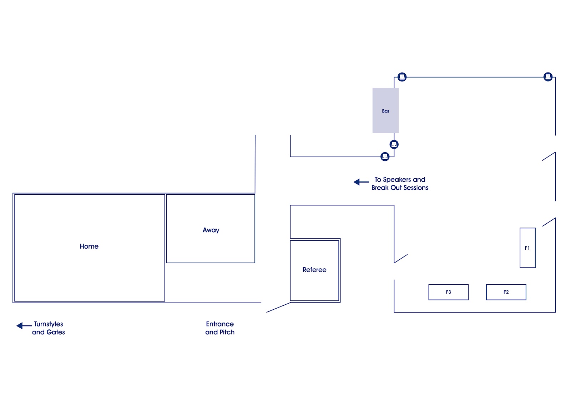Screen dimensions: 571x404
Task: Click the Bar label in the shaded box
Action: coord(385,111)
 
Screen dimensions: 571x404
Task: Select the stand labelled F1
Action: coord(527,248)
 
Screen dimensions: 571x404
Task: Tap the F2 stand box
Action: coord(506,292)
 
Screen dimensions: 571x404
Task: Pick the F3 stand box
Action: coord(448,292)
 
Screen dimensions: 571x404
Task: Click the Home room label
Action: coord(89,246)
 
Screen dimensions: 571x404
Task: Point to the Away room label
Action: coord(211,230)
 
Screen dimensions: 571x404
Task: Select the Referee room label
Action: coord(314,270)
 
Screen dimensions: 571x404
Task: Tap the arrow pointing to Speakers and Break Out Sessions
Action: coord(361,182)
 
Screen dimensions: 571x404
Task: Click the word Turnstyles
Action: coord(49,324)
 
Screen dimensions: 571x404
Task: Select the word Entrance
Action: coord(220,324)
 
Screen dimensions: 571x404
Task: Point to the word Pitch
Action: coord(227,332)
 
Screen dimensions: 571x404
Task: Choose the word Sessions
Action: coord(416,188)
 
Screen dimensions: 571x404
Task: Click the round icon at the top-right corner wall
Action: coord(548,76)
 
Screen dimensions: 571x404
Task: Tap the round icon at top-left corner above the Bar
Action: coord(402,77)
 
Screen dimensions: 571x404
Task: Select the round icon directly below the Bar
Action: coord(394,144)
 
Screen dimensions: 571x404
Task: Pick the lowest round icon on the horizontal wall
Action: coord(385,156)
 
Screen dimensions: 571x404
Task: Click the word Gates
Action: coord(56,332)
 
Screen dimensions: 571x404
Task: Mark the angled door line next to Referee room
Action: coord(278,308)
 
